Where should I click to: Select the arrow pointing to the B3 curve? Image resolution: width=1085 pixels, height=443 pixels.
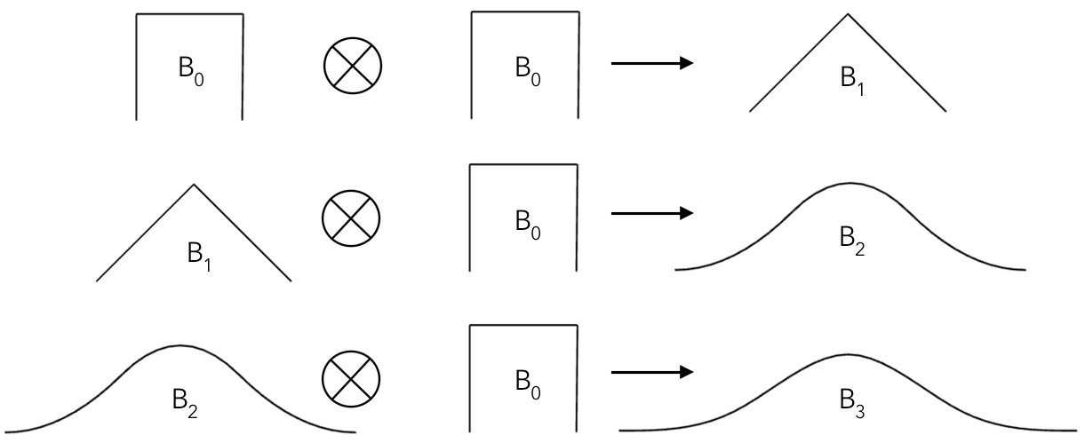pyautogui.click(x=651, y=373)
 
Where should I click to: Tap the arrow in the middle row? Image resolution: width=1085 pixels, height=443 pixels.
pyautogui.click(x=651, y=213)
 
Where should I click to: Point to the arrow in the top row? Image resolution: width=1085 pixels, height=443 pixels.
pyautogui.click(x=651, y=63)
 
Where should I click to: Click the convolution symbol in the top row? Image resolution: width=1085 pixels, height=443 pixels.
pyautogui.click(x=351, y=67)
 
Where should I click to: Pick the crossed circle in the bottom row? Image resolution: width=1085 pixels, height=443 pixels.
pyautogui.click(x=351, y=376)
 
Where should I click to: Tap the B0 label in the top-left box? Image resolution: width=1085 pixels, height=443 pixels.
pyautogui.click(x=189, y=69)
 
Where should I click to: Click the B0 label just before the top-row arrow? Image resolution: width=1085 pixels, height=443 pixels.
pyautogui.click(x=525, y=69)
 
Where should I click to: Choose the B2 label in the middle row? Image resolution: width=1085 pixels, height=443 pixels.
pyautogui.click(x=850, y=240)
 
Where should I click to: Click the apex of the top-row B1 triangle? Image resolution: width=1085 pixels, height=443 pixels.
pyautogui.click(x=848, y=13)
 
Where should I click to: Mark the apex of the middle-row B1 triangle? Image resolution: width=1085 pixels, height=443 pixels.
pyautogui.click(x=194, y=184)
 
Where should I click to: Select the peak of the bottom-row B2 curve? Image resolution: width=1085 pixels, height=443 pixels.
pyautogui.click(x=180, y=344)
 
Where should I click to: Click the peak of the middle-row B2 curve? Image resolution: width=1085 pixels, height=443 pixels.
pyautogui.click(x=848, y=183)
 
